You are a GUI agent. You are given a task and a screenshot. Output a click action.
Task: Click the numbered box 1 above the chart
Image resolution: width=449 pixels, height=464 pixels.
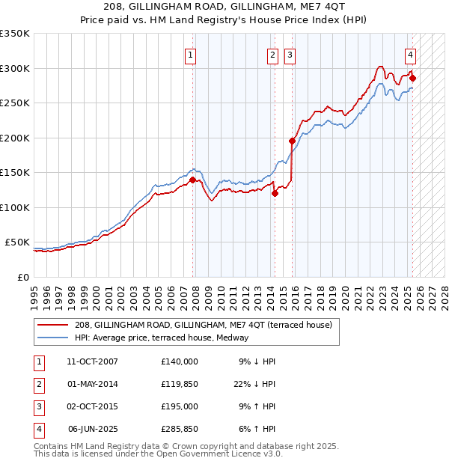pos(191,55)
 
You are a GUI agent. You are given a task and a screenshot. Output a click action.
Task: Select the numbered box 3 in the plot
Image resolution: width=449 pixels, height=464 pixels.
pos(290,55)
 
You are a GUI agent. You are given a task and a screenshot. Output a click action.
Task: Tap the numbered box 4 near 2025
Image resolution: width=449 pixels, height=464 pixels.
pos(411,55)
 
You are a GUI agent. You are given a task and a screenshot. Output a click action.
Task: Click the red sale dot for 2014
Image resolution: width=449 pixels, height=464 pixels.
pos(275,193)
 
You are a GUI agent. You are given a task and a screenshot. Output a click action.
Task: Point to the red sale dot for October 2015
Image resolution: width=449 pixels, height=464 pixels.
pos(293,141)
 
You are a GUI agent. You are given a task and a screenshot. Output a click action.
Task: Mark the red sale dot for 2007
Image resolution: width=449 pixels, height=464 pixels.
pos(192,180)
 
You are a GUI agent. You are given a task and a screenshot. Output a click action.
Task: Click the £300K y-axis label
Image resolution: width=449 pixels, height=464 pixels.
pos(15,68)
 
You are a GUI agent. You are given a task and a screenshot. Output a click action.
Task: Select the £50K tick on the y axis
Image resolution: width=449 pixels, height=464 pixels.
pos(18,242)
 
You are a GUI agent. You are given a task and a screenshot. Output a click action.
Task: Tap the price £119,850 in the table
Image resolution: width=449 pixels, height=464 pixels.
pos(180,385)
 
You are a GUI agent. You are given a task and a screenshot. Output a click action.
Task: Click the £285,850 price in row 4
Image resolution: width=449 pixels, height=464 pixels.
pos(180,430)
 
